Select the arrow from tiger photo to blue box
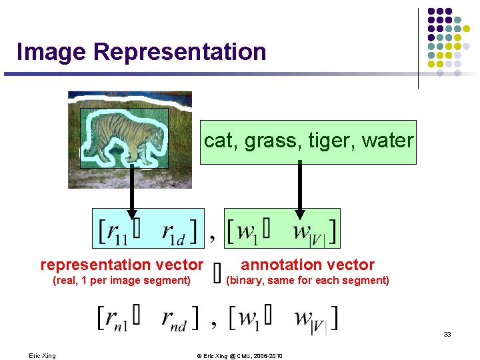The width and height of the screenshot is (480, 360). coord(131,190)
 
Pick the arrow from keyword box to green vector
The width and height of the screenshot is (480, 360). coord(300,190)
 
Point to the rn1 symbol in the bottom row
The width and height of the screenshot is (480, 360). coord(111,318)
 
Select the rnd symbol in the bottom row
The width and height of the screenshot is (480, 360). coord(175,318)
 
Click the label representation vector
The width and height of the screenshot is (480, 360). coord(121,265)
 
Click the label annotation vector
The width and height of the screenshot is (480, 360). coord(307,265)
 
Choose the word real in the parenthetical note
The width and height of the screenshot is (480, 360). coord(67,281)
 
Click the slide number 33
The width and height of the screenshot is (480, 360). coord(447,334)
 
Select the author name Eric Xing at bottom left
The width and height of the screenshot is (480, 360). coord(42,356)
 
